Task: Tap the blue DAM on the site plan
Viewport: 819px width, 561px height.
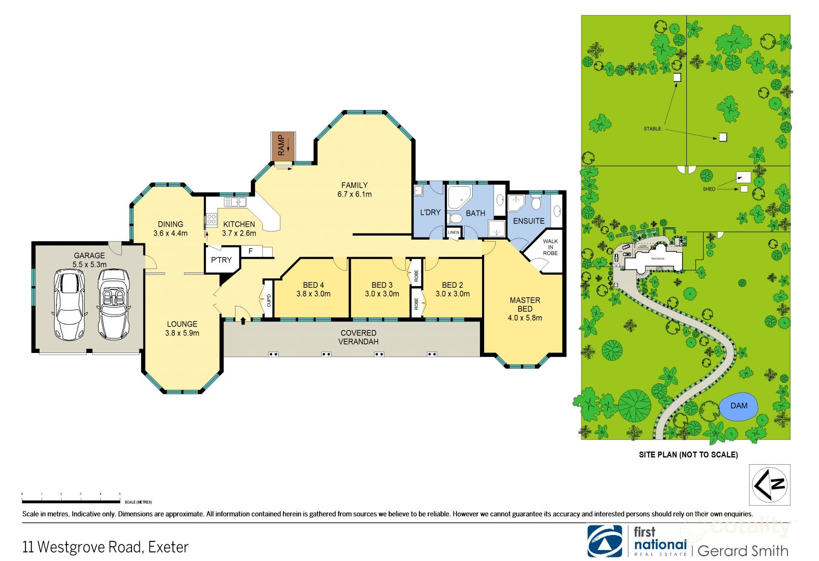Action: (739, 406)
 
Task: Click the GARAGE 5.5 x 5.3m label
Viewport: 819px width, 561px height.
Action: (89, 260)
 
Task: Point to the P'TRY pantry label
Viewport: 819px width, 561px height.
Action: (221, 260)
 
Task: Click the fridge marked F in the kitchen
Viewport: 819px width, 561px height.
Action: (251, 251)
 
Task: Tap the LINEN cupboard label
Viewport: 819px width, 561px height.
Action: (453, 232)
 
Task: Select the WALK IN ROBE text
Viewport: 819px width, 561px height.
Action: (550, 247)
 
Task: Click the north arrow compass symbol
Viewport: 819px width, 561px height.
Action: (770, 485)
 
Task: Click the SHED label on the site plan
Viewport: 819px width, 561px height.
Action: (709, 189)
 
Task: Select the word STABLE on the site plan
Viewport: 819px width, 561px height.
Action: (652, 128)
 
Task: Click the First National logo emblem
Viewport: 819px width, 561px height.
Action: (604, 541)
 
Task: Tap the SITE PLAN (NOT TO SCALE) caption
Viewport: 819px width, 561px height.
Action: (688, 454)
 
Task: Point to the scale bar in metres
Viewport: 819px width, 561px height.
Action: (71, 502)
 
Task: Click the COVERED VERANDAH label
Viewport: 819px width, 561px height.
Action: (358, 337)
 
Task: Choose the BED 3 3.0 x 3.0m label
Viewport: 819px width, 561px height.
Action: (382, 289)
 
